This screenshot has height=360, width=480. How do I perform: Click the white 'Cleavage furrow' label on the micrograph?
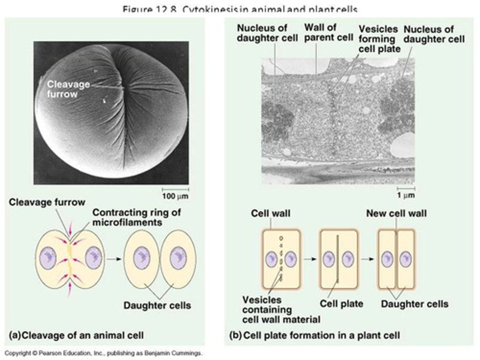(68, 89)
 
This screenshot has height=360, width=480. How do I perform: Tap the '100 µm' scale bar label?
(175, 196)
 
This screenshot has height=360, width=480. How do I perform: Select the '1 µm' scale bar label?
(406, 195)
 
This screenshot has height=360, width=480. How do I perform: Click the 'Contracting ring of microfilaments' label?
(136, 217)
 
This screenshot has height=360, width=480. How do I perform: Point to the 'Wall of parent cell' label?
(328, 32)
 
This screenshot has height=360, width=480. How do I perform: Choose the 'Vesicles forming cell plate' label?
(379, 39)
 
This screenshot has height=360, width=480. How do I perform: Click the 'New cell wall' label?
(396, 213)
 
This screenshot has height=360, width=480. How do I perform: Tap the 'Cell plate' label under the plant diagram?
(341, 304)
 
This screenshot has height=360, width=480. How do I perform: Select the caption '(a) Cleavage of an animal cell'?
(76, 335)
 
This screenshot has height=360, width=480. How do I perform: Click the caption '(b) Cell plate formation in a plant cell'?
(314, 335)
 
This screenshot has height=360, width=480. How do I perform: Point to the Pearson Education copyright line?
(103, 353)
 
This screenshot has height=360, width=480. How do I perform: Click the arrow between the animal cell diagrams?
(114, 258)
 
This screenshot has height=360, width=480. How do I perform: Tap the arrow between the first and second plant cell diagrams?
(310, 259)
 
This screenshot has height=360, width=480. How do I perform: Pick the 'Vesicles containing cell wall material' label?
(281, 310)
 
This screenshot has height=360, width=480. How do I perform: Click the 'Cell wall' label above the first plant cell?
(270, 213)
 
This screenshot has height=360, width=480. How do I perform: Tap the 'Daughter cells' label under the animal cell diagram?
(157, 305)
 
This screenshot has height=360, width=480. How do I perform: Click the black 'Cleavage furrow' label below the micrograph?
(47, 202)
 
